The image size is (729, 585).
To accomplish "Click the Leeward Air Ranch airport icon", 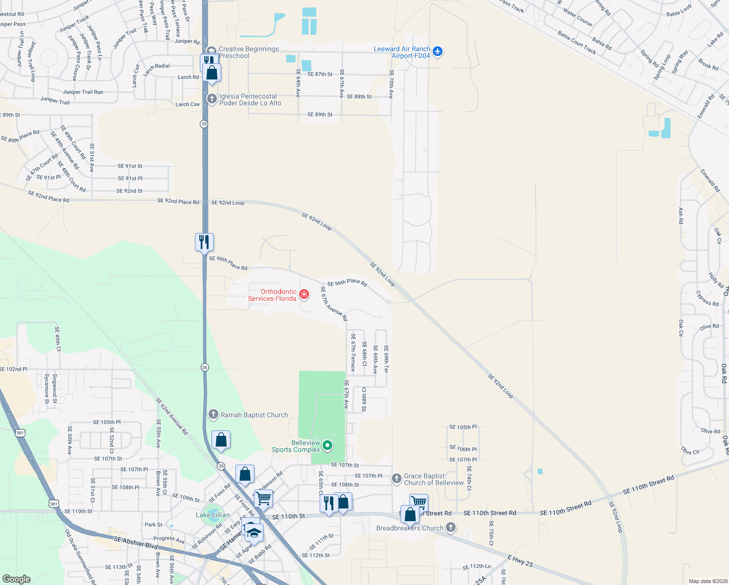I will [437, 51].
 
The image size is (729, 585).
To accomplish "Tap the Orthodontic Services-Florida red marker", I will [304, 294].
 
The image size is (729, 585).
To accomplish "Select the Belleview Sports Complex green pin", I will [328, 445].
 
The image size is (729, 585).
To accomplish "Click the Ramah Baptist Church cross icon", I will [213, 415].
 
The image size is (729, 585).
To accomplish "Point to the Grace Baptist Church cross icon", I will [397, 479].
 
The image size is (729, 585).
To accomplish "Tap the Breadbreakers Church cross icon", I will [451, 527].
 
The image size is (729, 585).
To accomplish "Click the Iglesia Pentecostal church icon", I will [211, 99].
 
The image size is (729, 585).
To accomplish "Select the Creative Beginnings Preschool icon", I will [211, 51].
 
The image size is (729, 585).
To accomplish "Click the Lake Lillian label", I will [212, 515].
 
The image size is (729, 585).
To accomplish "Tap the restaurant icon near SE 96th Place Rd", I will [204, 241].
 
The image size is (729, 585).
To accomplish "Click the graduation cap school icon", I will [254, 532].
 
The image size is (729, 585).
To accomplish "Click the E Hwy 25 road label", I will [520, 561].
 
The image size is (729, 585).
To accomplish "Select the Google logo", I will [16, 579].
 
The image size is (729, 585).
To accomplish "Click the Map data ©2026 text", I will [706, 581].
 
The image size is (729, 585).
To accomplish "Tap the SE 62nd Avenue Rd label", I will [172, 416].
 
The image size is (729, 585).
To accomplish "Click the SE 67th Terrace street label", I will [353, 352].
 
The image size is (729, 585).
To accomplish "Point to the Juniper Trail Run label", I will [83, 92].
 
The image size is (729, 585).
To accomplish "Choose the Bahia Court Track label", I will [577, 42].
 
